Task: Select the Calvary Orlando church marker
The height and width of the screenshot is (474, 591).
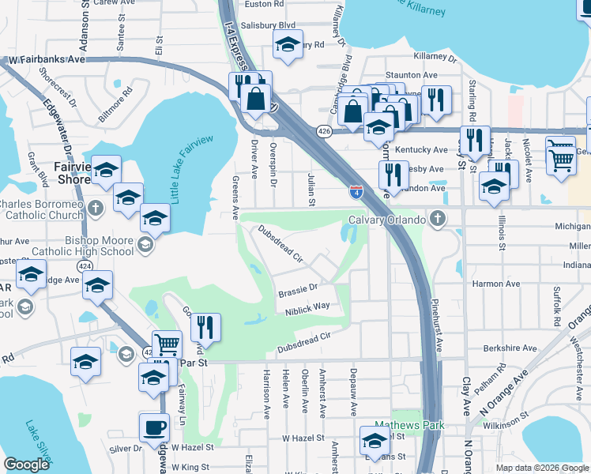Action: click(x=435, y=219)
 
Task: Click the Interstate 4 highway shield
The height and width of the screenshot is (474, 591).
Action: click(x=356, y=190)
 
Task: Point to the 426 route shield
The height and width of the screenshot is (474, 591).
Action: click(x=324, y=131)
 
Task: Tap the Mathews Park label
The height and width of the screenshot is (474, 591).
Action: click(x=408, y=425)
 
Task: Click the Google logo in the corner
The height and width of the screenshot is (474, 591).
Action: click(x=26, y=465)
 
